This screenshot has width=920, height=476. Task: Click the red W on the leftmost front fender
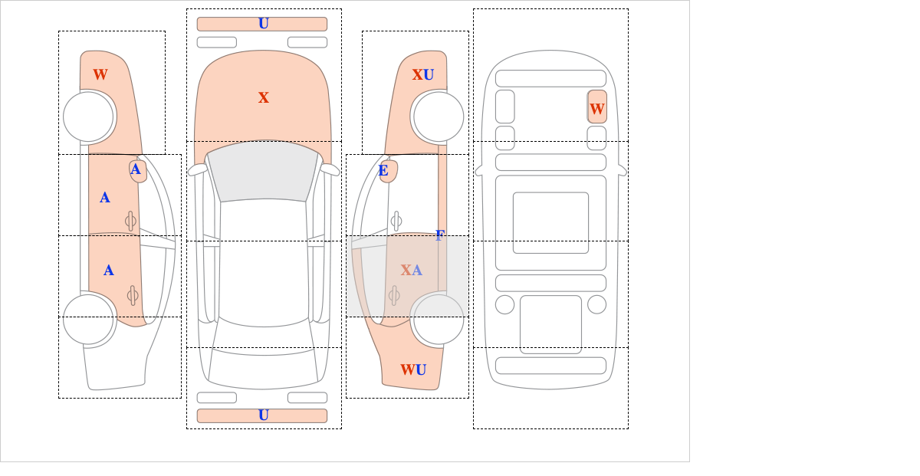pyautogui.click(x=100, y=75)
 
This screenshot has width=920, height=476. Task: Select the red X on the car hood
pyautogui.click(x=264, y=98)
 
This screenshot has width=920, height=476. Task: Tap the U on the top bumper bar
pyautogui.click(x=264, y=24)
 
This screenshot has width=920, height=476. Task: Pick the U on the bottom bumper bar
pyautogui.click(x=264, y=415)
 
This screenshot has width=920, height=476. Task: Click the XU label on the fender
pyautogui.click(x=423, y=75)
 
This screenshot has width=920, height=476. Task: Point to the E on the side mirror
pyautogui.click(x=383, y=170)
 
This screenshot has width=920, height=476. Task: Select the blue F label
pyautogui.click(x=440, y=235)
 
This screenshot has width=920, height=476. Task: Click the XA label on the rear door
pyautogui.click(x=411, y=271)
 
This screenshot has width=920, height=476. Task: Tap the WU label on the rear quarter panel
pyautogui.click(x=413, y=369)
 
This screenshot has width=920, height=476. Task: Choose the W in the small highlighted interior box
pyautogui.click(x=596, y=110)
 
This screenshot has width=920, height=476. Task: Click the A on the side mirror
pyautogui.click(x=136, y=169)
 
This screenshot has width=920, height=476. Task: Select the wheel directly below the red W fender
pyautogui.click(x=88, y=117)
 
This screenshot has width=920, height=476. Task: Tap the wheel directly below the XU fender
pyautogui.click(x=439, y=117)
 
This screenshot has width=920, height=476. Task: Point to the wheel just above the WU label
pyautogui.click(x=439, y=319)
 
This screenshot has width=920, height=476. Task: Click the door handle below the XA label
pyautogui.click(x=394, y=296)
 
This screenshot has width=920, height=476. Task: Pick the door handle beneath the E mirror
pyautogui.click(x=396, y=222)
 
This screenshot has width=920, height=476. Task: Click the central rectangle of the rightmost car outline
pyautogui.click(x=550, y=222)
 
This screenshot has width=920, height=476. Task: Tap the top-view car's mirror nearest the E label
pyautogui.click(x=330, y=169)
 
